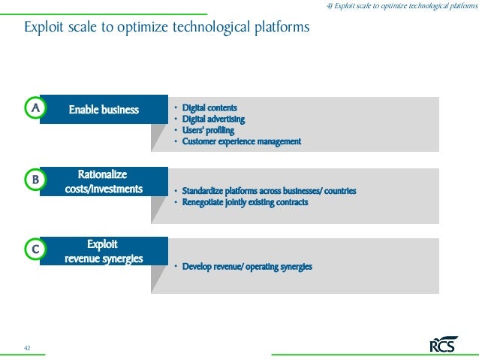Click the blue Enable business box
(104, 110)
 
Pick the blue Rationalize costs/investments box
(104, 182)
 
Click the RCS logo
(443, 345)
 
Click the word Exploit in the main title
(44, 29)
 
